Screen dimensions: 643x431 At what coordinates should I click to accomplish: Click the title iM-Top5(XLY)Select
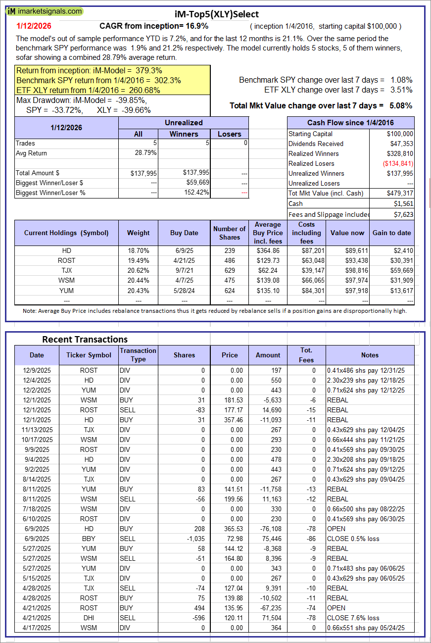point(217,14)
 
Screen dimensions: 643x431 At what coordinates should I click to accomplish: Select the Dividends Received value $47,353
point(400,144)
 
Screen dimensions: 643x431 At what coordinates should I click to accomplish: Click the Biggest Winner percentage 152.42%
point(195,193)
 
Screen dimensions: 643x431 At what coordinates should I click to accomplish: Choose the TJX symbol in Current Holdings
point(66,270)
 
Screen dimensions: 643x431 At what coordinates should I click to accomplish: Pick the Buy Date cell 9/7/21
point(184,270)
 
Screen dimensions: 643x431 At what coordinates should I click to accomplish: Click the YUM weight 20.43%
point(138,290)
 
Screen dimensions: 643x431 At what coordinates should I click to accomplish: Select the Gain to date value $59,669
point(400,270)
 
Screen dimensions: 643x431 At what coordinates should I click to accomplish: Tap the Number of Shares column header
point(229,233)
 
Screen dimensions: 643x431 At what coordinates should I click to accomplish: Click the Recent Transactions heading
point(85,339)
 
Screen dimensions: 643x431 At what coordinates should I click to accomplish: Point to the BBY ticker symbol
point(89,539)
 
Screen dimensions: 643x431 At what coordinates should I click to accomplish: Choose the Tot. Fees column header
point(306,355)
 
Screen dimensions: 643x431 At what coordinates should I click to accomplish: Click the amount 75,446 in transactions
point(271,539)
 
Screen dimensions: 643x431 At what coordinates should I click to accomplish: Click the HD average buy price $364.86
point(268,250)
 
